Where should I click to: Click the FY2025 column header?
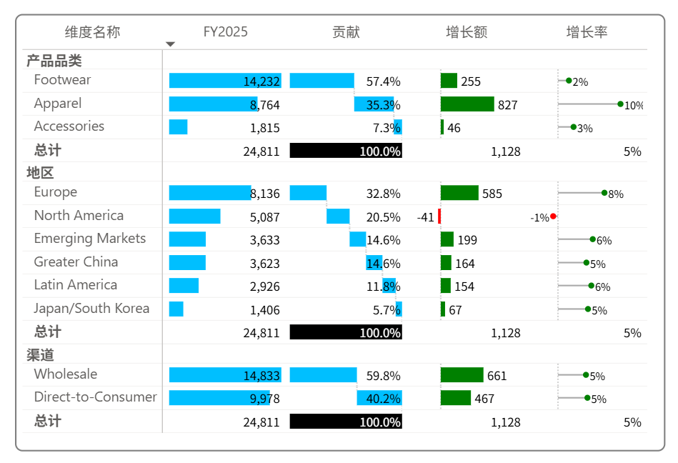pos(225,32)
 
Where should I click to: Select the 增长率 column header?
pos(587,32)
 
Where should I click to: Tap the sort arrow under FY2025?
pos(170,44)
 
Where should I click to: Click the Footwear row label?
pos(62,80)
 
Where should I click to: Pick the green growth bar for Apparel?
pos(467,104)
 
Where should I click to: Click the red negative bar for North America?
pos(439,216)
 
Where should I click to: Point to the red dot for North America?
pos(553,216)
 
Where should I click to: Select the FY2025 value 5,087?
pos(264,217)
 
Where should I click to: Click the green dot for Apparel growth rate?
pos(620,104)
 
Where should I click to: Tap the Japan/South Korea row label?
pos(91,309)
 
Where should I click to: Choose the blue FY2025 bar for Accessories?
pos(178,127)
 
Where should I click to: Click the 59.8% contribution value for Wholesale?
pos(383,376)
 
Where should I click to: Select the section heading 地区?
pos(40,173)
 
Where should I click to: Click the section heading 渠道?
pos(40,355)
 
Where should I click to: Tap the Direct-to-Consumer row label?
pos(95,397)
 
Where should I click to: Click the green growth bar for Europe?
pos(459,193)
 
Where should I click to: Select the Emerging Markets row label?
pos(89,239)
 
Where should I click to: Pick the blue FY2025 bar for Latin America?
pos(184,286)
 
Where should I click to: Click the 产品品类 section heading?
pos(54,61)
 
